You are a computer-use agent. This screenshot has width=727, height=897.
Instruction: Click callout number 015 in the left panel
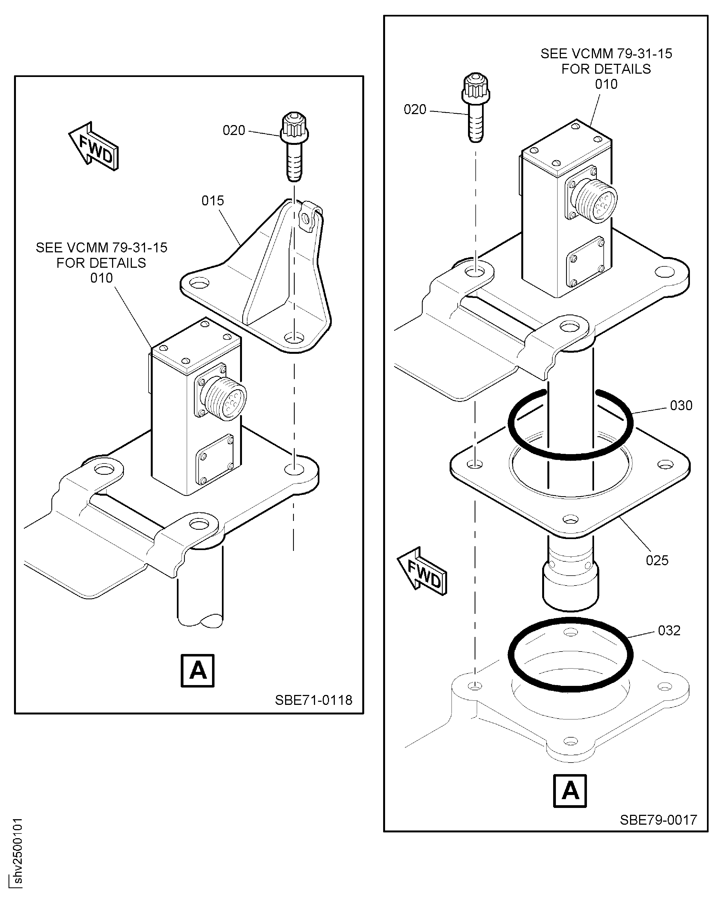click(x=213, y=201)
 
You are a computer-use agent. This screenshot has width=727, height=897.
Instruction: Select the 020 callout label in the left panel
click(x=234, y=130)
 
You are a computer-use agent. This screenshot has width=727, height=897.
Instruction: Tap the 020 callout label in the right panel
click(x=415, y=109)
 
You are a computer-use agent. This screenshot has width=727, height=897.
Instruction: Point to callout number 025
click(x=657, y=561)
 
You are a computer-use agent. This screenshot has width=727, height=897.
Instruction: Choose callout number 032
click(x=669, y=630)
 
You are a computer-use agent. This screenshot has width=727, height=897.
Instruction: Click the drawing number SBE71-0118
click(x=313, y=700)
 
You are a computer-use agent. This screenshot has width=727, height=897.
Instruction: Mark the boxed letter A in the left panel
click(x=198, y=671)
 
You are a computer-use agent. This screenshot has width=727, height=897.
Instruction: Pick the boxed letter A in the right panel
click(x=570, y=791)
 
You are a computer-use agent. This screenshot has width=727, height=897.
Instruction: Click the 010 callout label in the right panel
click(x=606, y=84)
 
